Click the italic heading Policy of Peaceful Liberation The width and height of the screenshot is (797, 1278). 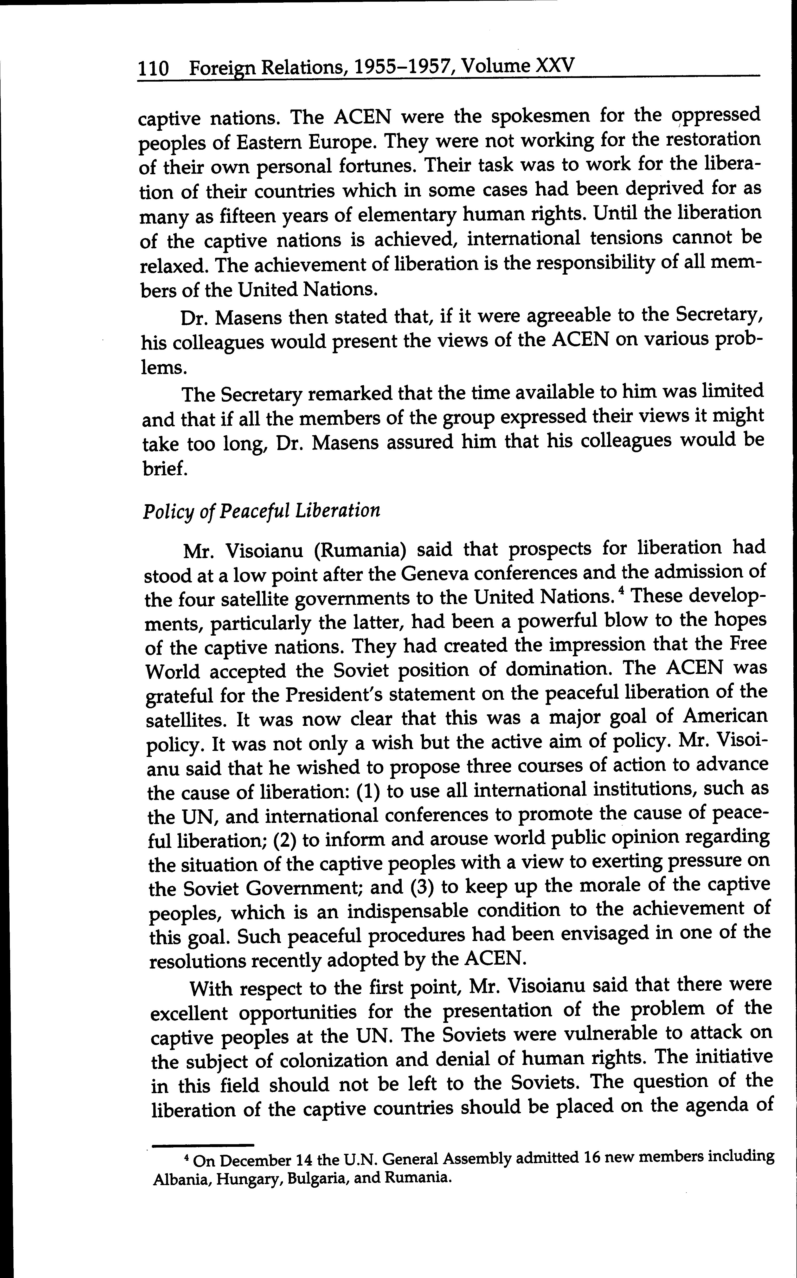click(x=261, y=511)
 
